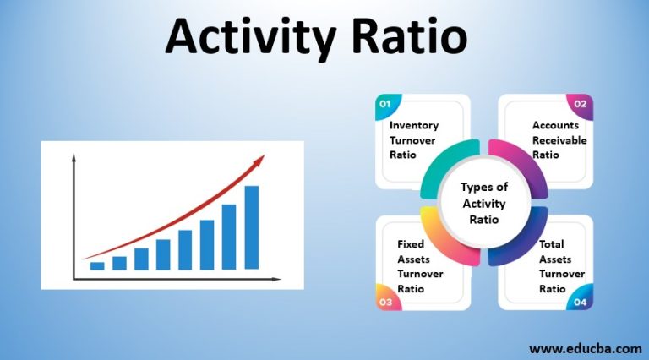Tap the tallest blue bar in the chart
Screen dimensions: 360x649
pyautogui.click(x=252, y=226)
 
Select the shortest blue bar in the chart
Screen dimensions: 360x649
pyautogui.click(x=97, y=265)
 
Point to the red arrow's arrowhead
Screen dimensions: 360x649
pyautogui.click(x=259, y=159)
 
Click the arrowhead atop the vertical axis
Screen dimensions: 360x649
pyautogui.click(x=74, y=157)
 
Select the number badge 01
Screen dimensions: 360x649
pyautogui.click(x=385, y=104)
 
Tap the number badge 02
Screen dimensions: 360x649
pyautogui.click(x=581, y=104)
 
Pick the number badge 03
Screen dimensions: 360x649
pyautogui.click(x=385, y=301)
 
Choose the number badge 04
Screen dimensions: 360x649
pyautogui.click(x=581, y=301)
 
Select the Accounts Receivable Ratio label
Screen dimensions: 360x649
pyautogui.click(x=559, y=140)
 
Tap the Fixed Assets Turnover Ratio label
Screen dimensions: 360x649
pyautogui.click(x=413, y=266)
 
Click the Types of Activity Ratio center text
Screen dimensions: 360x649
pyautogui.click(x=484, y=203)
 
